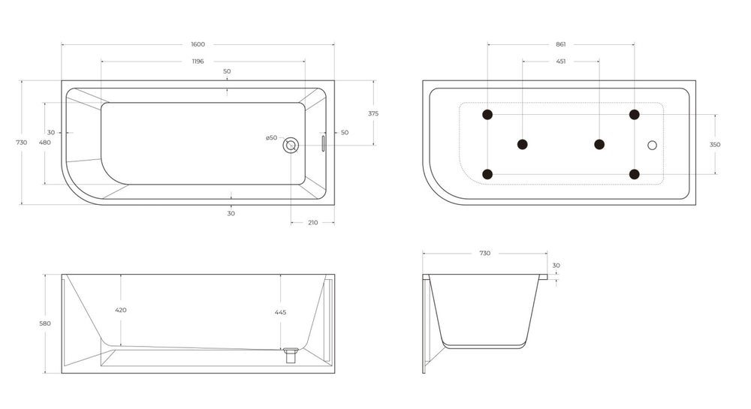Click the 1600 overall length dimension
[x=198, y=44]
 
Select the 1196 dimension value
[x=198, y=62]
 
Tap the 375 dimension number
[x=373, y=113]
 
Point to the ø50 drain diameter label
[x=271, y=138]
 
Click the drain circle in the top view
[x=291, y=145]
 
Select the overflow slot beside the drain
[x=324, y=143]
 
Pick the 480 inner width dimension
[x=44, y=143]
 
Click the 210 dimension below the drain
[x=312, y=222]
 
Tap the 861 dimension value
[x=560, y=44]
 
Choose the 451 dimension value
[x=560, y=62]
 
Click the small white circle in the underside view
[x=652, y=145]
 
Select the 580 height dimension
[x=45, y=323]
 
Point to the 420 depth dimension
[x=120, y=310]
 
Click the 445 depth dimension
[x=280, y=312]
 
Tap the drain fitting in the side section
[x=291, y=353]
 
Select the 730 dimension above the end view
[x=484, y=254]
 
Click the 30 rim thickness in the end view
[x=556, y=265]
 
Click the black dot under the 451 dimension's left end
[x=523, y=144]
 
